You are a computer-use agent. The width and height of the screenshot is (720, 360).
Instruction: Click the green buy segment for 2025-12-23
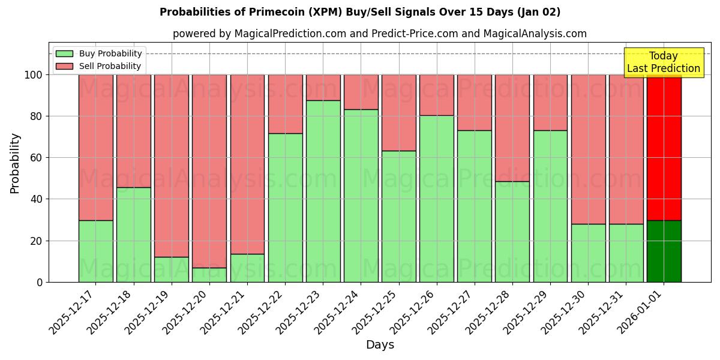click(323, 191)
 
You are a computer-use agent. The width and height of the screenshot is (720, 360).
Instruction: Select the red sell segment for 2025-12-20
click(209, 171)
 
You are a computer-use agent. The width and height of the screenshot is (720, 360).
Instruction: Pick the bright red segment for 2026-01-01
click(664, 147)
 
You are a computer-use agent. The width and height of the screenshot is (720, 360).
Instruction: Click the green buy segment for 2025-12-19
click(172, 269)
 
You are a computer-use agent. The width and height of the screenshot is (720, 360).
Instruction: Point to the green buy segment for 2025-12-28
click(512, 232)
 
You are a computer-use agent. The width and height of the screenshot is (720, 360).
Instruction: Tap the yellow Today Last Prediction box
click(663, 62)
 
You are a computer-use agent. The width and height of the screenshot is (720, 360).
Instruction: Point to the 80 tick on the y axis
click(37, 116)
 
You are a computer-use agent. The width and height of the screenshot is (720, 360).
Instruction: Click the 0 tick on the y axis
click(40, 282)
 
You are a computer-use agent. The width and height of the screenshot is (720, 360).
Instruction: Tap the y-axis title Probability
click(15, 163)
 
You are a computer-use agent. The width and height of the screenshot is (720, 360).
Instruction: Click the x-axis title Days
click(380, 345)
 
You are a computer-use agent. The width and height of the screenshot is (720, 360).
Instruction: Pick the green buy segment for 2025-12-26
click(437, 198)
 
